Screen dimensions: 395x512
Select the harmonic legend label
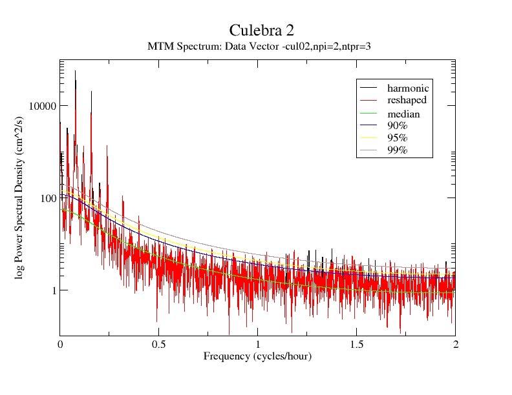point(408,88)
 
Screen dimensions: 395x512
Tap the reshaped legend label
point(407,100)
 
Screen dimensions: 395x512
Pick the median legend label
point(403,114)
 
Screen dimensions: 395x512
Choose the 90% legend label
point(397,126)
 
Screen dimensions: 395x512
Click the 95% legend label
point(397,138)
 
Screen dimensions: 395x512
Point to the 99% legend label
point(397,150)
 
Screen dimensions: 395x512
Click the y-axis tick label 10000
point(43,106)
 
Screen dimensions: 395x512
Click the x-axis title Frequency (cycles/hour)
point(257,356)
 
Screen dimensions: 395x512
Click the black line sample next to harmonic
point(368,88)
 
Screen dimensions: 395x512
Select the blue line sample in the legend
point(368,126)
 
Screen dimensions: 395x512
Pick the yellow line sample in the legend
point(368,138)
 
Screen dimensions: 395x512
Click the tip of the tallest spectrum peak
point(75,71)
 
